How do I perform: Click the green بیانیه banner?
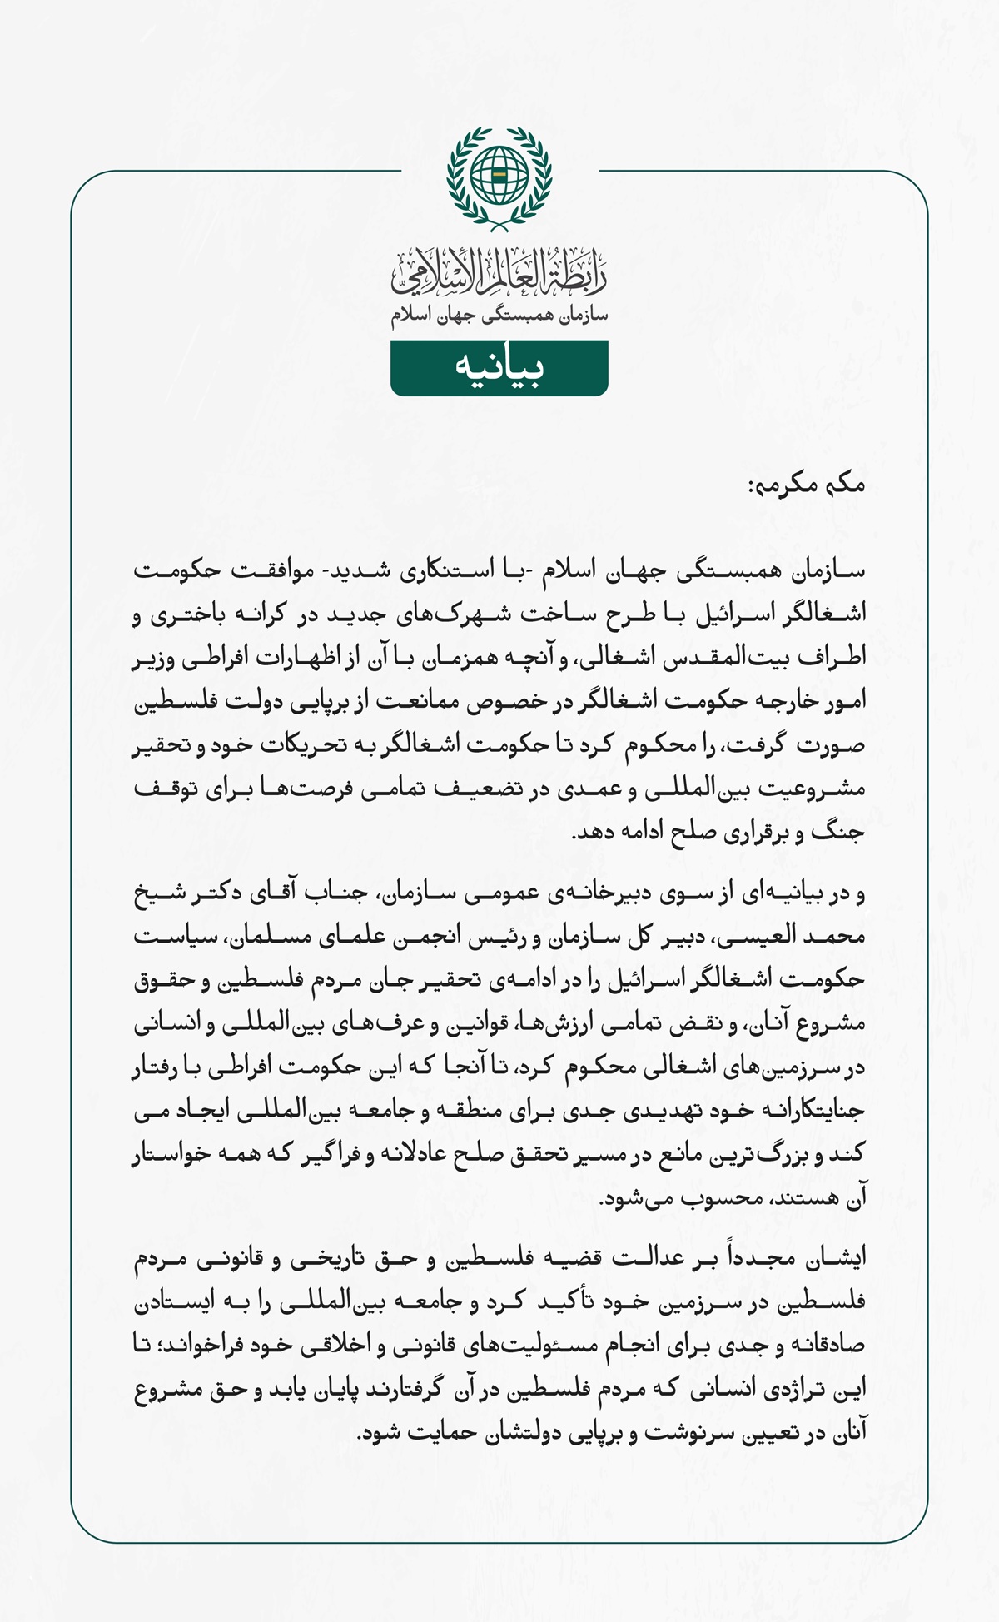pos(499,367)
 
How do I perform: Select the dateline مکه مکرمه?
pos(807,485)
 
